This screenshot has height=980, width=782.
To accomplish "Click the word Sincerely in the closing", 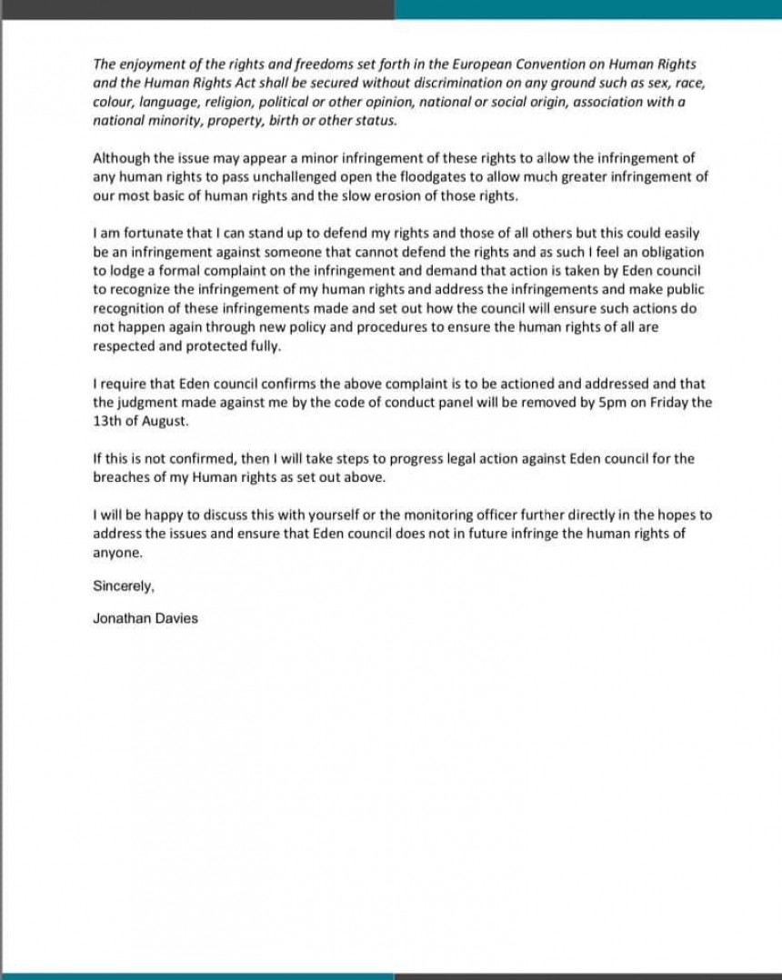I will tap(124, 586).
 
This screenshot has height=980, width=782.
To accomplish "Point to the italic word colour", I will tap(114, 103).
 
